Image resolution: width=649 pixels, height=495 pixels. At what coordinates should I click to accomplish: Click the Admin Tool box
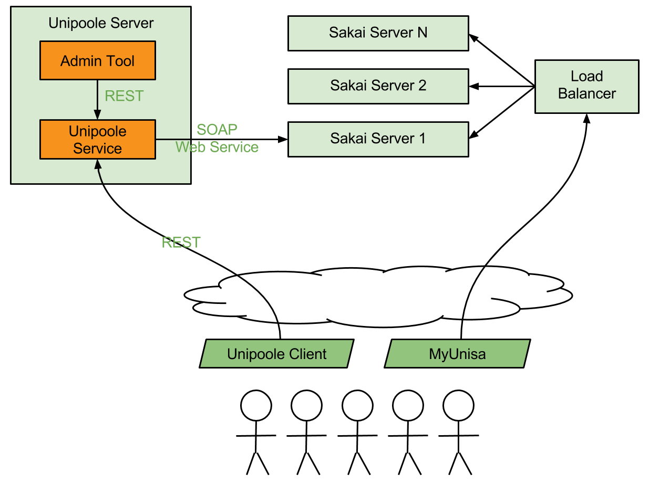[98, 61]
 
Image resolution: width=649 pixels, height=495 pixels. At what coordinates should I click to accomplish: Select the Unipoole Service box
[98, 140]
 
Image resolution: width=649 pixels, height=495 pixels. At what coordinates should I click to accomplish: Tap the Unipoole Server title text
[101, 23]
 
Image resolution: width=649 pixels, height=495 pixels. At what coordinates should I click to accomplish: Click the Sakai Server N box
[378, 33]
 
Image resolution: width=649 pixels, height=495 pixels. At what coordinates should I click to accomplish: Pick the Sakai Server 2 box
[378, 86]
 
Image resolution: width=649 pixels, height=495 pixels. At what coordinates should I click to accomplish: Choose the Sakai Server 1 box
[378, 139]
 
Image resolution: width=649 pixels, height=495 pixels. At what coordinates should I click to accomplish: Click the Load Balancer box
[586, 86]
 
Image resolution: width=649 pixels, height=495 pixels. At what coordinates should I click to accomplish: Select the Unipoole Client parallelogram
[276, 354]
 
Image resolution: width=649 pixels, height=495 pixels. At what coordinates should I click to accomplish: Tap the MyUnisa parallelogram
[457, 354]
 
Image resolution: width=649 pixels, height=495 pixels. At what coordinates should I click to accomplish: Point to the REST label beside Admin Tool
[124, 96]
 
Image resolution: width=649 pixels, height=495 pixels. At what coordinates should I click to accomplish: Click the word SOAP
[217, 130]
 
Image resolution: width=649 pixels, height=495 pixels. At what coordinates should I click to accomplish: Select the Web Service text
[217, 147]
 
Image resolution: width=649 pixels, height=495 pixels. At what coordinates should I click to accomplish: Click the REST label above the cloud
[181, 243]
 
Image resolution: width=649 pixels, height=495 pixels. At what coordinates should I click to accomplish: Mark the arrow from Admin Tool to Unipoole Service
[97, 100]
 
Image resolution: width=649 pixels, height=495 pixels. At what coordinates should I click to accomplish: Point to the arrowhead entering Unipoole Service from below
[97, 164]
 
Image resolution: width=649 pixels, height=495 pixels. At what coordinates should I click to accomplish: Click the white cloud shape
[378, 297]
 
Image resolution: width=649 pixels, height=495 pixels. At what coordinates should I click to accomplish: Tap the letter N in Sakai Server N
[422, 33]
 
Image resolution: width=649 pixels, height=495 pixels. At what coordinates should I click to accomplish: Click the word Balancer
[586, 94]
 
